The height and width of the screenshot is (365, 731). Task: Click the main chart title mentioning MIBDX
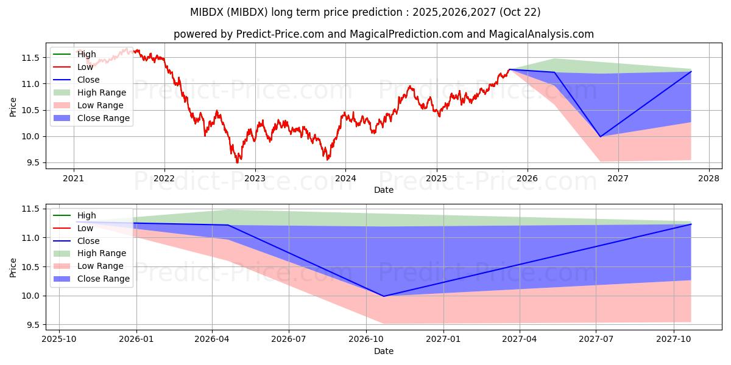click(x=365, y=12)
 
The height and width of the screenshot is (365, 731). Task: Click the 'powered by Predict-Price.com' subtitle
click(x=384, y=34)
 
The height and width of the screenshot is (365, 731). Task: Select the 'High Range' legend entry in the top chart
click(x=102, y=92)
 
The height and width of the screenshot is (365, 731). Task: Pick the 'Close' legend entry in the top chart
click(x=88, y=80)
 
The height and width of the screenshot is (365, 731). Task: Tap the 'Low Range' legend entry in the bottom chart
click(x=100, y=266)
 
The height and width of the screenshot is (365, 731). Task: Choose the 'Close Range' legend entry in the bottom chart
click(x=103, y=279)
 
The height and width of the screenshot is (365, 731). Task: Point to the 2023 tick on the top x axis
click(x=255, y=179)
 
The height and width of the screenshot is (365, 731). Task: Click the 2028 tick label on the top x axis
click(x=708, y=179)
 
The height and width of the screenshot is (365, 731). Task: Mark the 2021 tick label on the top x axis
click(x=73, y=179)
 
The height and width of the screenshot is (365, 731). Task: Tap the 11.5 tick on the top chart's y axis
click(x=30, y=58)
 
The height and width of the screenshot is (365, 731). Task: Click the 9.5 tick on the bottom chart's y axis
click(x=30, y=325)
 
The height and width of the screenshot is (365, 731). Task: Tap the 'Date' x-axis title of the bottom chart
click(x=384, y=351)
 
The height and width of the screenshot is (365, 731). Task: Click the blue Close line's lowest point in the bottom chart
click(x=384, y=296)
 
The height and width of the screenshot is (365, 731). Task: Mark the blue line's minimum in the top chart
click(x=600, y=136)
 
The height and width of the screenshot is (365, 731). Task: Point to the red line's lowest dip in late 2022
click(x=238, y=162)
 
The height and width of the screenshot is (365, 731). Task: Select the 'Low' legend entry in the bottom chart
click(x=86, y=228)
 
